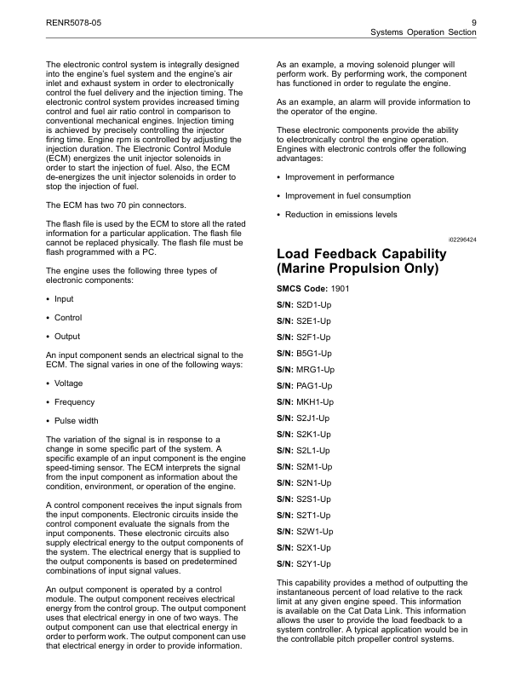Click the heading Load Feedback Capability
tap(362, 254)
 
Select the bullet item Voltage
tap(68, 384)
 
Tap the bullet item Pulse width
tap(76, 420)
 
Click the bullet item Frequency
tap(74, 401)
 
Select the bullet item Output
tap(66, 336)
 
